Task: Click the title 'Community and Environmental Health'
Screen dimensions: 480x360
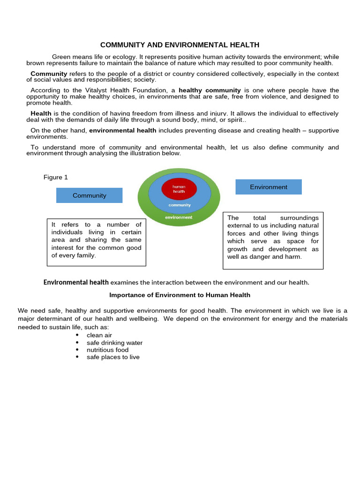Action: [180, 45]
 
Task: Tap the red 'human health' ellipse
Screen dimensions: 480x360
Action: [179, 189]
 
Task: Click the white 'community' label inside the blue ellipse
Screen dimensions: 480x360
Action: [180, 205]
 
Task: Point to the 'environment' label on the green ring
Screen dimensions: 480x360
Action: [179, 217]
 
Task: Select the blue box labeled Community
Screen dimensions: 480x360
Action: [89, 195]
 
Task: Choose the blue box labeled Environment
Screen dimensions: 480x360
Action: [268, 187]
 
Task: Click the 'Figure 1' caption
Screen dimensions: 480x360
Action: [56, 177]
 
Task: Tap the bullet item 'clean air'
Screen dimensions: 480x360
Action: [99, 336]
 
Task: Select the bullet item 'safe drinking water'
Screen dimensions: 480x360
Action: [114, 343]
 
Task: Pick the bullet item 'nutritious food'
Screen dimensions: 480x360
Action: [107, 350]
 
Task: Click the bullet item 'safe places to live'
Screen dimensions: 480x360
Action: [113, 357]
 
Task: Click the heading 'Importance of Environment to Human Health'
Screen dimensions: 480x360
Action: [180, 295]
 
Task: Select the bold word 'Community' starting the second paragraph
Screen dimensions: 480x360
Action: [49, 74]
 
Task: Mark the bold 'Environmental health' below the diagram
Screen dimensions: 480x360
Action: [76, 282]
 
